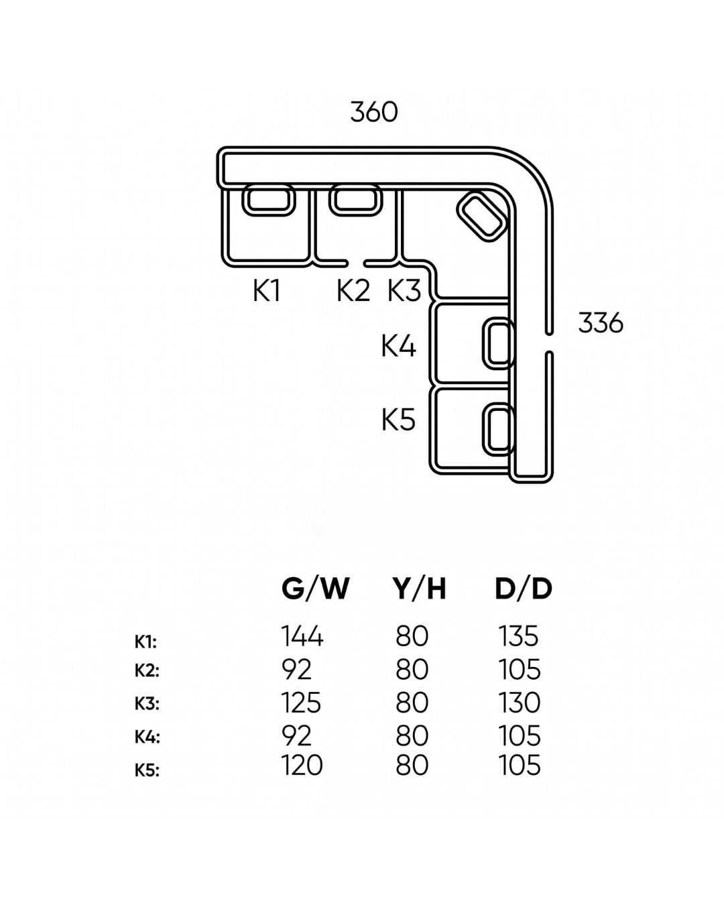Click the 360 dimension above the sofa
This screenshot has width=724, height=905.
374,112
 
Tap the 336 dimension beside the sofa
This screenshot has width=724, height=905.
600,323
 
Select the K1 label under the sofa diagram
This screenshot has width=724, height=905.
266,291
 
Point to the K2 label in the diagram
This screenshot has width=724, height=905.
353,291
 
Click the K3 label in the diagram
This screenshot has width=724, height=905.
404,291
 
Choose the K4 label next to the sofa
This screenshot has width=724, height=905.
399,347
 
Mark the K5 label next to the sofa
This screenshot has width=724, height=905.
399,420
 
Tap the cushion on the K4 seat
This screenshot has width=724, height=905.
499,343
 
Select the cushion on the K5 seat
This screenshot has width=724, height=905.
499,428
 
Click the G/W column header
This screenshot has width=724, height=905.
315,589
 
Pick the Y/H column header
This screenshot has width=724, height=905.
419,589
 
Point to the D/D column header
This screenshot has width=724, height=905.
524,589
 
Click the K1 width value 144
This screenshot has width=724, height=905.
302,636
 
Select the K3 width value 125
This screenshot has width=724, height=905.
301,703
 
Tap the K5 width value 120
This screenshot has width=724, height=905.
302,765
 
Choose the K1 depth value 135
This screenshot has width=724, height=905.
519,636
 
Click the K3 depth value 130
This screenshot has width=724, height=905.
520,703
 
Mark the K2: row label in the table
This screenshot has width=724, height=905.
147,670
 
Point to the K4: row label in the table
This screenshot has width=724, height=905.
147,737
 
